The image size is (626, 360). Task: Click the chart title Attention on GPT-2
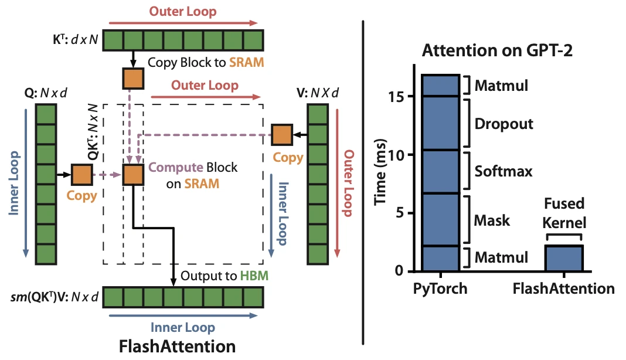tap(497, 51)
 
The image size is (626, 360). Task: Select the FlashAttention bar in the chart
tap(564, 258)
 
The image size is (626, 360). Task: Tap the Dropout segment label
tap(503, 124)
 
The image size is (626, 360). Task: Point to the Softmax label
tap(503, 171)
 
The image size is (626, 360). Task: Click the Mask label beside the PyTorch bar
tap(492, 220)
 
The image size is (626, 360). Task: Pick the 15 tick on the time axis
tap(396, 96)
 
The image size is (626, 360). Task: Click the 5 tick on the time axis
tap(400, 213)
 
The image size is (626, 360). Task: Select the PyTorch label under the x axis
tap(440, 288)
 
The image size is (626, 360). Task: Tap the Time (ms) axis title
tap(380, 172)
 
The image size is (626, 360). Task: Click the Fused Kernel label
tap(564, 213)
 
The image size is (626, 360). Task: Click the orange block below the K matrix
tap(133, 79)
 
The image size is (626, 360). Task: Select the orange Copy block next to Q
tap(82, 175)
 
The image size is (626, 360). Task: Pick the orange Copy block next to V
tap(282, 135)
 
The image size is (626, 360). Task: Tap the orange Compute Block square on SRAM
tap(133, 175)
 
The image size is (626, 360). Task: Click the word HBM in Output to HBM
tap(254, 276)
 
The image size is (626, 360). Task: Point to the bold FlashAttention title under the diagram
tap(177, 347)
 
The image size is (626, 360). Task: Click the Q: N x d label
tap(46, 93)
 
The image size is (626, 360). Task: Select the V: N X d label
tap(317, 93)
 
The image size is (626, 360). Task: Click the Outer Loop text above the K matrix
tap(183, 11)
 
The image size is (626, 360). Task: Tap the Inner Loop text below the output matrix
tap(183, 328)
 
